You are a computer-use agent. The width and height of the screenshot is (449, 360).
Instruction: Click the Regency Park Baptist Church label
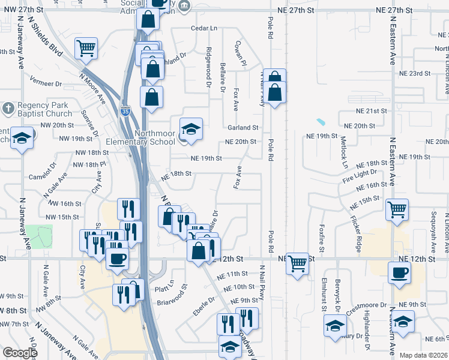[x=40, y=109]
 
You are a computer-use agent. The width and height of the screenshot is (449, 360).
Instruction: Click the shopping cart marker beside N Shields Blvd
[x=86, y=47]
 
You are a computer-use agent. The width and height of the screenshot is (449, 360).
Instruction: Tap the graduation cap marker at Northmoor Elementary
[x=191, y=129]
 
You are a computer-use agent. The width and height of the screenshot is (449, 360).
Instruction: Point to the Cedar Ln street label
[x=203, y=28]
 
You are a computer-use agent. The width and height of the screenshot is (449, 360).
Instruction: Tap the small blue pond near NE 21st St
[x=321, y=122]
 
